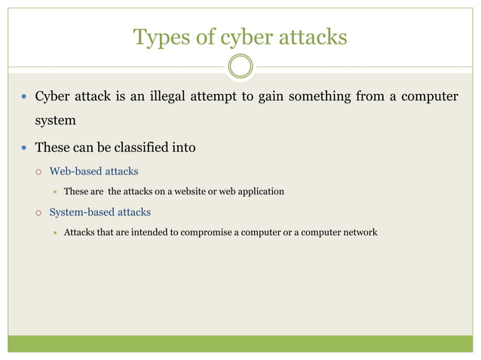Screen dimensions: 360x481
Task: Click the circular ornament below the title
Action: [240, 66]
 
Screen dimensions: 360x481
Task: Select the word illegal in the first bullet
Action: [174, 96]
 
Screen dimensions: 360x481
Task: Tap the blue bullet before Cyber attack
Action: [23, 97]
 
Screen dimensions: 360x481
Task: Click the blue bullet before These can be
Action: [23, 148]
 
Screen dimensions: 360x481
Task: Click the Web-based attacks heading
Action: [93, 171]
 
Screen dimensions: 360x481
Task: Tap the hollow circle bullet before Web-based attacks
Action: [38, 172]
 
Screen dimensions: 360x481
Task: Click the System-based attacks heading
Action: [100, 212]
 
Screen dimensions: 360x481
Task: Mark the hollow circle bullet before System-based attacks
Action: [38, 212]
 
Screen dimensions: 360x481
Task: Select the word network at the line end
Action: [358, 232]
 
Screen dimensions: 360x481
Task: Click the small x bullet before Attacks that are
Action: [55, 232]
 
